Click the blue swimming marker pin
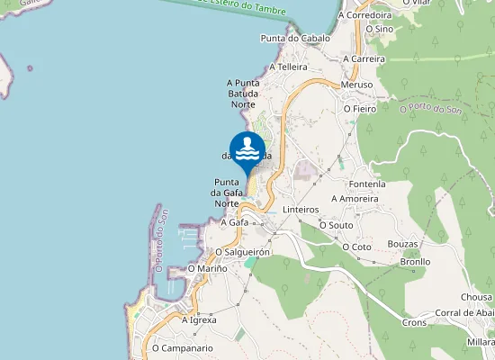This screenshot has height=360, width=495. click(247, 150)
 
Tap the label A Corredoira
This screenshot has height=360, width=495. click(364, 15)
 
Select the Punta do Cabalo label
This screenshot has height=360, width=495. click(294, 39)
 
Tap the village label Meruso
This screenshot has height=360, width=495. click(357, 85)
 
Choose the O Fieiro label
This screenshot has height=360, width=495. click(359, 109)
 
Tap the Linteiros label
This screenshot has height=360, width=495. click(301, 210)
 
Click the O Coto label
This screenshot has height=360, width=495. click(357, 247)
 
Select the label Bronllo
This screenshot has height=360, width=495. click(415, 262)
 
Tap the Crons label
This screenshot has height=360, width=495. click(414, 322)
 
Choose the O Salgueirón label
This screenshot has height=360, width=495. click(243, 253)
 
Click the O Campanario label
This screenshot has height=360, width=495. click(182, 347)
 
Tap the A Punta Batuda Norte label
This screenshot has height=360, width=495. click(243, 93)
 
